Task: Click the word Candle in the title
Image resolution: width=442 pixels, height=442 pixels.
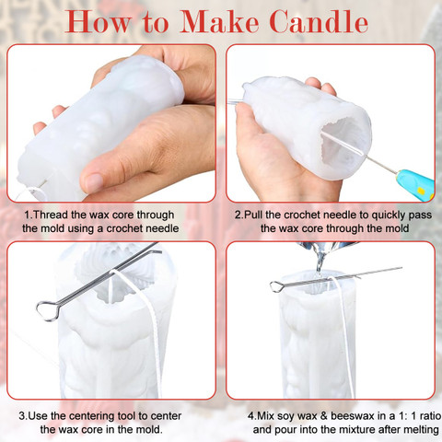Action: (319, 21)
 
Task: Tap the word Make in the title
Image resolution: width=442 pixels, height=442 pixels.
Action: (219, 21)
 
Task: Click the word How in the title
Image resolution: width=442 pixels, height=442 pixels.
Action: (98, 21)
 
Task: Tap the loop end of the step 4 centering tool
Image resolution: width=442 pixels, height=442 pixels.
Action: (276, 286)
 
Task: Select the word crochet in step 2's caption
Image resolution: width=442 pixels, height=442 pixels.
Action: (302, 215)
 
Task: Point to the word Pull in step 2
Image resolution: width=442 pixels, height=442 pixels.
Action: (253, 215)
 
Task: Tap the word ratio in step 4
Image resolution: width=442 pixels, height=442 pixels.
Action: (430, 416)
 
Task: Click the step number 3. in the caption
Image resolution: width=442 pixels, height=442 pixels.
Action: (23, 416)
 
